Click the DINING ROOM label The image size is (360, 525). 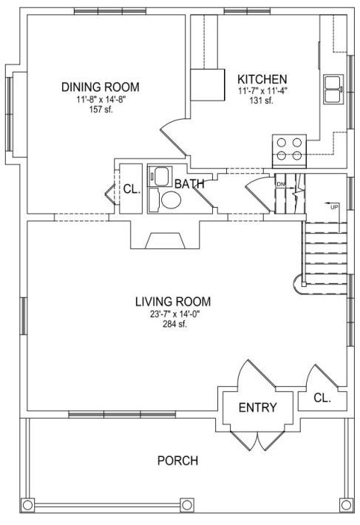(x=100, y=87)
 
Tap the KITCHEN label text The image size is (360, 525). (x=262, y=79)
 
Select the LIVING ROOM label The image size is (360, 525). (x=173, y=302)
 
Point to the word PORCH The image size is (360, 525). (x=177, y=461)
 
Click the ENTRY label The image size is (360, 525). (x=258, y=407)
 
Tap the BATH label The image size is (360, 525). (x=189, y=184)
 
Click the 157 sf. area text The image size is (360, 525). (x=101, y=109)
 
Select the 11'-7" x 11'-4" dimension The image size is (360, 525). (x=262, y=91)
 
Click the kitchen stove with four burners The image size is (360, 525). (x=290, y=151)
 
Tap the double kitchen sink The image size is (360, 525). (x=333, y=89)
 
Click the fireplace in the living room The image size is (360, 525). (x=165, y=241)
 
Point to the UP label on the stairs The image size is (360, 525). (x=334, y=207)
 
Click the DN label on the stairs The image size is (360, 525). (x=280, y=184)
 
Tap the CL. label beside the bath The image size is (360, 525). (x=132, y=189)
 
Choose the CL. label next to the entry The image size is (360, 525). (x=322, y=398)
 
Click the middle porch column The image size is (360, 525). (x=187, y=504)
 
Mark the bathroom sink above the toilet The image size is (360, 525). (x=160, y=175)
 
